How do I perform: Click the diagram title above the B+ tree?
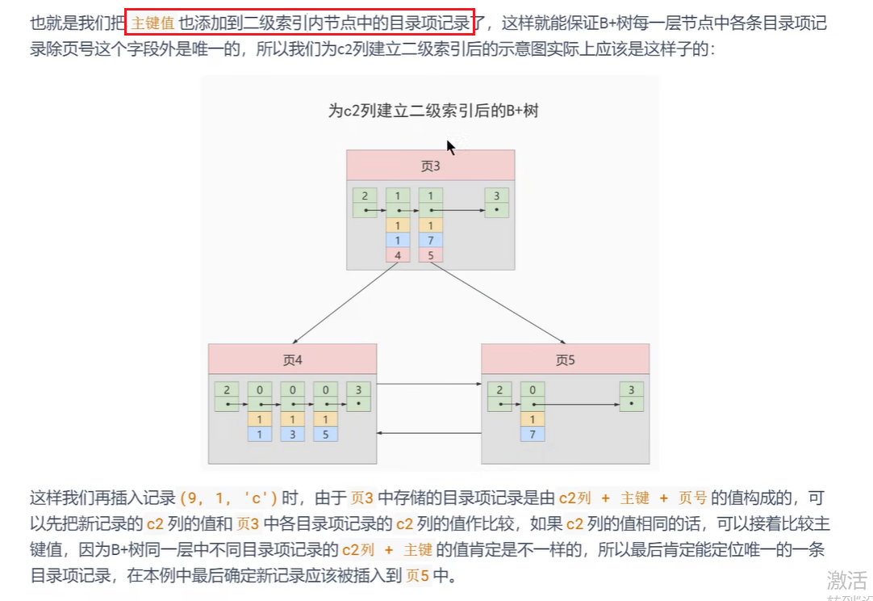coord(432,111)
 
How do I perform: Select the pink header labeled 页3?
coord(431,166)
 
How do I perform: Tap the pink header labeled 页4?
coord(292,359)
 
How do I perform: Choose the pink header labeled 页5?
coord(565,359)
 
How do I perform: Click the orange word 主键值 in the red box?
coord(152,22)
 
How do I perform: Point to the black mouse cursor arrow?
coord(450,146)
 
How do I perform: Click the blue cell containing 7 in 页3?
coord(431,240)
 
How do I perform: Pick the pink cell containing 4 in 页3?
coord(398,255)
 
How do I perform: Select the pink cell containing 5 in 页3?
coord(431,255)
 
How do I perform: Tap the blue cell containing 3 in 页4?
coord(292,434)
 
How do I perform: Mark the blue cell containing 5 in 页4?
coord(325,434)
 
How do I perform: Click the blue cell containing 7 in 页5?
coord(533,434)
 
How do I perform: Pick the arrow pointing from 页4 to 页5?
coord(428,385)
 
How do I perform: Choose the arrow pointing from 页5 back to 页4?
coord(428,434)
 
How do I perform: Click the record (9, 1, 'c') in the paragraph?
coord(229,498)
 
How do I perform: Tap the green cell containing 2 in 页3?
coord(365,196)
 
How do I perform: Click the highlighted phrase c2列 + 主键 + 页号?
coord(633,498)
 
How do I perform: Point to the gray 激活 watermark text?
coord(846,580)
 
